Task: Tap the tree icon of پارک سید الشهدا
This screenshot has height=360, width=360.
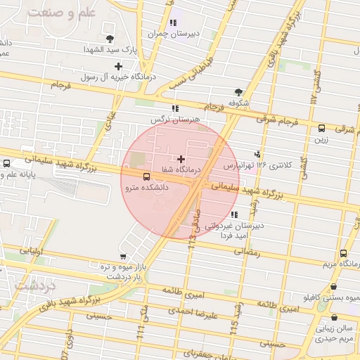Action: coord(109,39)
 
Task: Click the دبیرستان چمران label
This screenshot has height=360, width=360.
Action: coord(169,33)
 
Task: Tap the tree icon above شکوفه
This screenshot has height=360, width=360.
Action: coord(238,91)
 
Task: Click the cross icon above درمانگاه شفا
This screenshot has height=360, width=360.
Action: coord(182,160)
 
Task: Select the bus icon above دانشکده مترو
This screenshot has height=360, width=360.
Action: coord(146,177)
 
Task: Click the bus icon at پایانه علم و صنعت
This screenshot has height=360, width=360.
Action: coord(7,164)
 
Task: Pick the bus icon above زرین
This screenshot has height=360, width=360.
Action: coord(321,128)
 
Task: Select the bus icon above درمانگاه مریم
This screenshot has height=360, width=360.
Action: coord(343,254)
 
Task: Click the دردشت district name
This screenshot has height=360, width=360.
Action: coord(31,286)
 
